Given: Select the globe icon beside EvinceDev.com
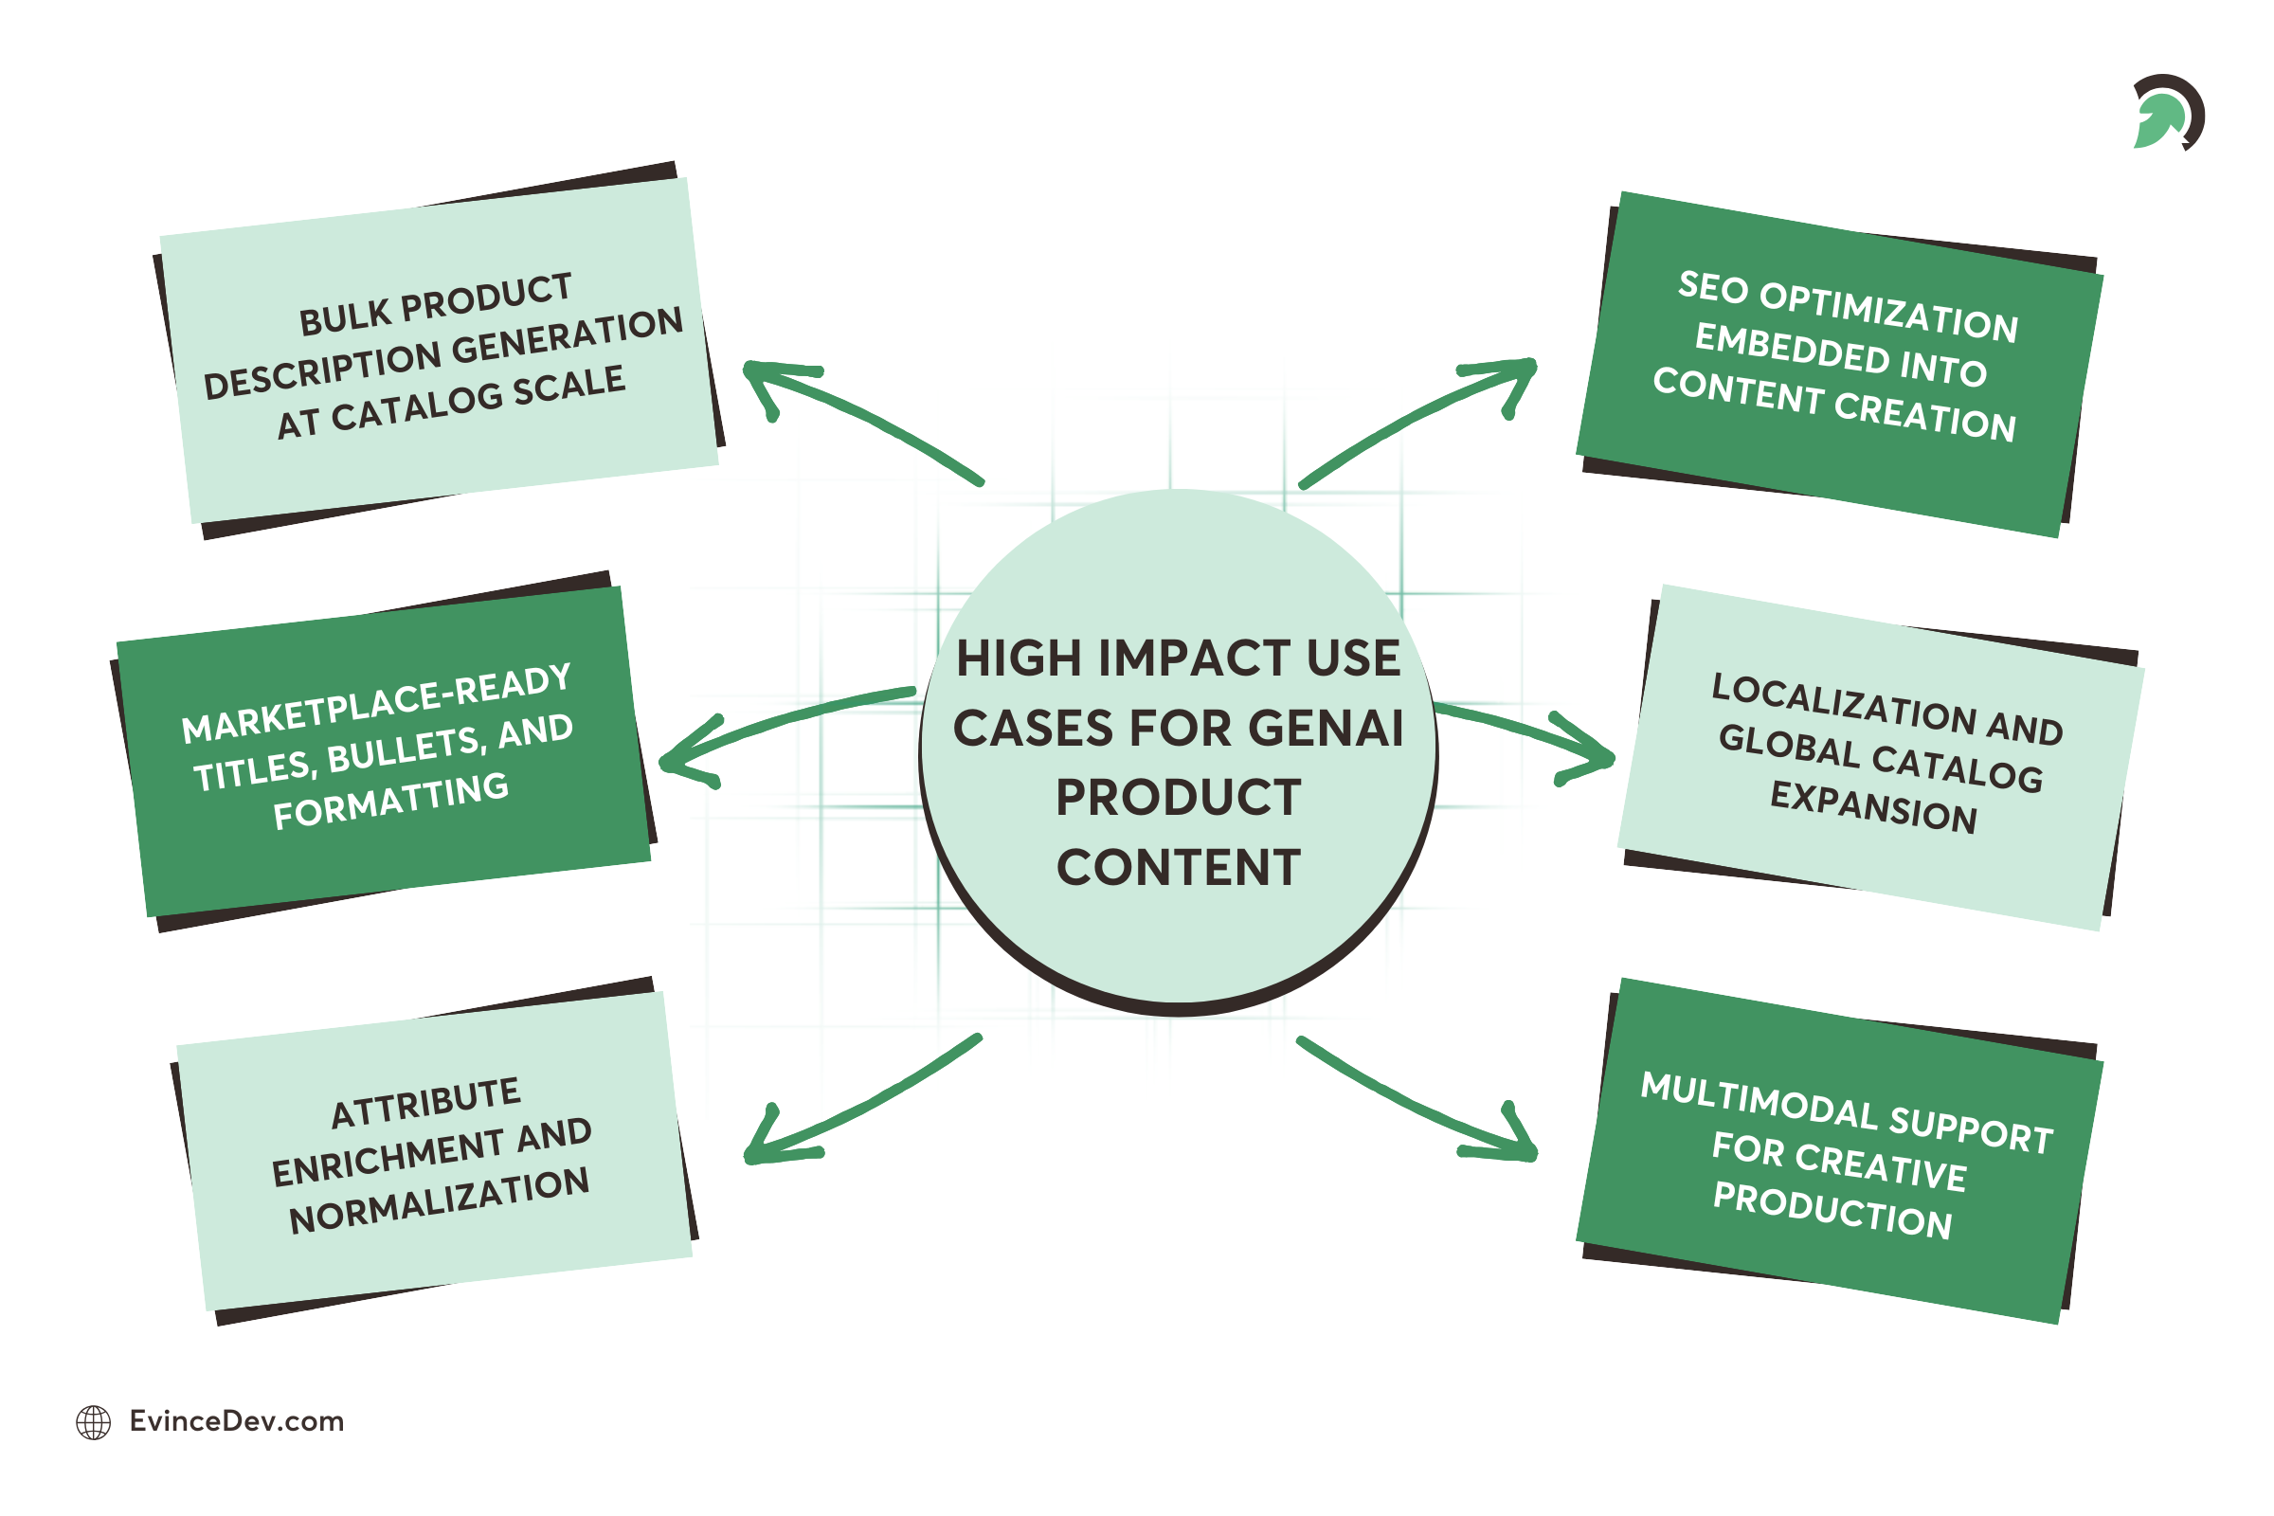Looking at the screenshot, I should tap(94, 1422).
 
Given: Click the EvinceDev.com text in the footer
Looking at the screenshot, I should tap(237, 1421).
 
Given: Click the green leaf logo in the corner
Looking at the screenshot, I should tap(2166, 114).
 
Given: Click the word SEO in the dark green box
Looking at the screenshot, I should tap(1713, 288).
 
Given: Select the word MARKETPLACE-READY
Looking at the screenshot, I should tap(376, 703).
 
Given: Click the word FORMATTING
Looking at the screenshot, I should tap(390, 801).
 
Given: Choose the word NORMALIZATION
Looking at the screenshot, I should tap(439, 1200).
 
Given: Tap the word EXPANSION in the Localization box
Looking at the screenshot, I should tap(1873, 807).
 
